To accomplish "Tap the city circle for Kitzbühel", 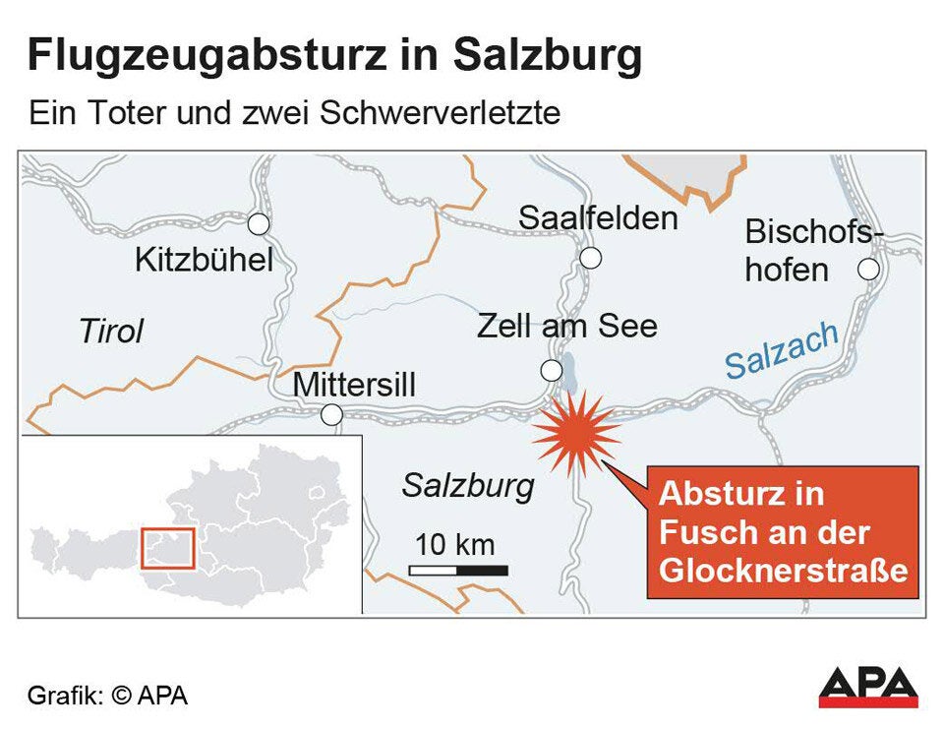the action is point(258,224).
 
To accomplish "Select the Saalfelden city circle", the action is point(590,258).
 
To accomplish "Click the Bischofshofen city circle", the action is point(867,269).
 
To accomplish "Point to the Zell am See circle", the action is point(552,371).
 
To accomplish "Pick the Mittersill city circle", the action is point(332,415).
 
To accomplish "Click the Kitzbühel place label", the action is point(203,261).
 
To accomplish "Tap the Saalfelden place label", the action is point(598,217).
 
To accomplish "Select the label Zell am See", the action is point(566,326).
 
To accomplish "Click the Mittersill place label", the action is point(354,385).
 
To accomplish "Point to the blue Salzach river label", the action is point(781,350).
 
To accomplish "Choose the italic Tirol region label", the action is point(110,332).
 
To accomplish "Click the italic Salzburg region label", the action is point(468,485).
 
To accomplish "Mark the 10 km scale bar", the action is point(458,570).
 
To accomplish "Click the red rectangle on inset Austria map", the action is point(168,548).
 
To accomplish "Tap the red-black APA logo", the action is point(868,687).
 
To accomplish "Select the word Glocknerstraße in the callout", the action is point(783,572).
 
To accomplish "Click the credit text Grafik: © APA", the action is point(107,696).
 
